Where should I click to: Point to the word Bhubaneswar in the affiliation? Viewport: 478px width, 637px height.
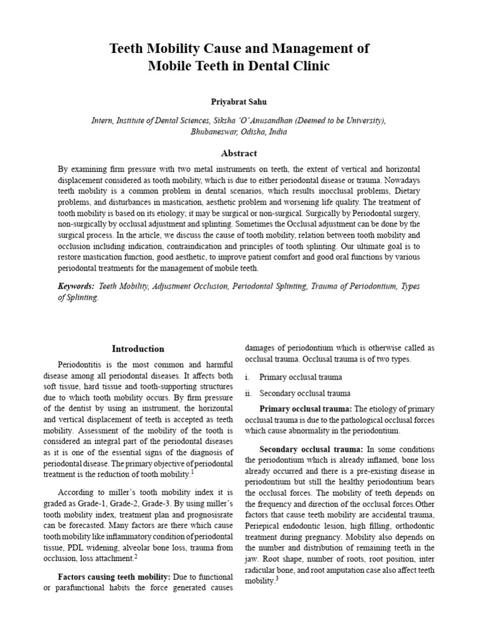click(213, 132)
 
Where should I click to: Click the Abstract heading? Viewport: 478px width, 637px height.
click(238, 153)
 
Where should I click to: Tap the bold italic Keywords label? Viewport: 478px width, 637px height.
click(76, 286)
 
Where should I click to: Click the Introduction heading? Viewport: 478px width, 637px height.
click(138, 348)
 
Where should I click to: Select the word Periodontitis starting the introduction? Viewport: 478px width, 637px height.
click(83, 363)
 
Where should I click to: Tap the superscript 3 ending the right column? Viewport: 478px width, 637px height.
click(276, 579)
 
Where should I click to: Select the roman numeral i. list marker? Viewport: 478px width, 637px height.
click(248, 377)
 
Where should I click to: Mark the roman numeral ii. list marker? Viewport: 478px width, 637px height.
click(249, 393)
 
